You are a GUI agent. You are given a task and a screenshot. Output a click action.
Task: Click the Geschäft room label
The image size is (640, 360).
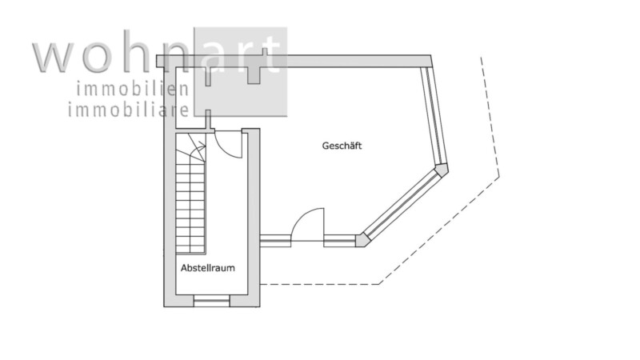pyautogui.click(x=342, y=146)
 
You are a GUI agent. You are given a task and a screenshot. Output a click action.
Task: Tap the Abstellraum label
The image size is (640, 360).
pyautogui.click(x=208, y=268)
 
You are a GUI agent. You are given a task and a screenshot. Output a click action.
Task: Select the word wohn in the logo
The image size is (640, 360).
pyautogui.click(x=113, y=54)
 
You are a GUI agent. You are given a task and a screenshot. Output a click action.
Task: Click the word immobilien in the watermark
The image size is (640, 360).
pyautogui.click(x=133, y=90)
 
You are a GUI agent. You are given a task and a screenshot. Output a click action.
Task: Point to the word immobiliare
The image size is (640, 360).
pyautogui.click(x=129, y=110)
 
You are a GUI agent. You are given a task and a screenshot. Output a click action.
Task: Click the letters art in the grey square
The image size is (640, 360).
pyautogui.click(x=241, y=54)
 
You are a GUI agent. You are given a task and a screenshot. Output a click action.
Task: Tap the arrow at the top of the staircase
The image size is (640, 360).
pyautogui.click(x=198, y=147)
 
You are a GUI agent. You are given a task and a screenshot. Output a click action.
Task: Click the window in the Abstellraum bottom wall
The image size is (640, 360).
pyautogui.click(x=212, y=301)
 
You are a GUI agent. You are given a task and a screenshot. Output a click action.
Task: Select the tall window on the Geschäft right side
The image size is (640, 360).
pyautogui.click(x=433, y=115)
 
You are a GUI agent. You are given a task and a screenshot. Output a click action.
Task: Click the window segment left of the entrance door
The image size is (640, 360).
pyautogui.click(x=275, y=241)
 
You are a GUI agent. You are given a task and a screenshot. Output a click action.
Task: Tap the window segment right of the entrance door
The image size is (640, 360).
pyautogui.click(x=339, y=241)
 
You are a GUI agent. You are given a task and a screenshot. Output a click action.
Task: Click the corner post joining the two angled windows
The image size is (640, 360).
pyautogui.click(x=441, y=170)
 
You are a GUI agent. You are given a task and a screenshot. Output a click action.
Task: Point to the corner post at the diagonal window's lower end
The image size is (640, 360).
pyautogui.click(x=362, y=240)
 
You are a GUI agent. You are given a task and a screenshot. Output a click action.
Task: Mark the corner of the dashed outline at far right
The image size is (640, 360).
pyautogui.click(x=498, y=177)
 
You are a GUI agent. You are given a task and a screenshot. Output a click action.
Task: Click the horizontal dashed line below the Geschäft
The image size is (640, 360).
pyautogui.click(x=319, y=284)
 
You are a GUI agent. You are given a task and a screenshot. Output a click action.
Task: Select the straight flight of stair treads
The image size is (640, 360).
pyautogui.click(x=190, y=206)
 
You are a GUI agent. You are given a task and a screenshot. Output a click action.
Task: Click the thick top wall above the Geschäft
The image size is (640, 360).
pyautogui.click(x=294, y=61)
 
